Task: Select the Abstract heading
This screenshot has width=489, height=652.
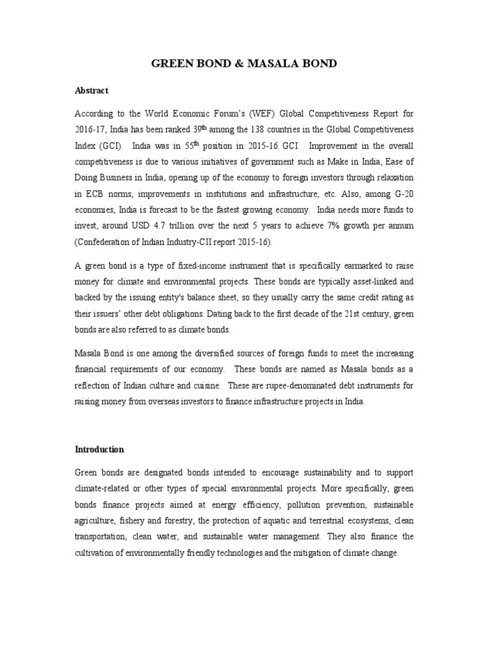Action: click(92, 91)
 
